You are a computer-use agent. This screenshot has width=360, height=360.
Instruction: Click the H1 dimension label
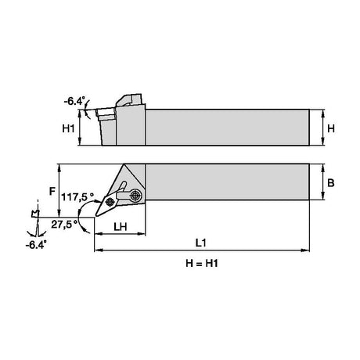click(x=68, y=128)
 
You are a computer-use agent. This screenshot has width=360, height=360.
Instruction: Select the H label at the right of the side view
click(x=331, y=128)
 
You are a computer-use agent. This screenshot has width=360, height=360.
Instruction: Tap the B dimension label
click(x=330, y=183)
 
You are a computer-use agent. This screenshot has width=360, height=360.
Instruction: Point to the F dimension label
click(x=52, y=191)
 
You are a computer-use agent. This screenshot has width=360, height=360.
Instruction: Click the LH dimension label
click(x=121, y=227)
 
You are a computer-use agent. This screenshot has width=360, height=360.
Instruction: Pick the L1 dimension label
click(x=201, y=243)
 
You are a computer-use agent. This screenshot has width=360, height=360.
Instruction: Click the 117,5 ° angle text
click(x=77, y=197)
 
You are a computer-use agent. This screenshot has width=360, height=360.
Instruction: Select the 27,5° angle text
click(x=64, y=224)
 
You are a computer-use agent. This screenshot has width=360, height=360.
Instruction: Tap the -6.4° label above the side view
click(x=74, y=101)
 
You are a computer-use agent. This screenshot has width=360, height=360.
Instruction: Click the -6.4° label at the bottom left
click(x=36, y=245)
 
